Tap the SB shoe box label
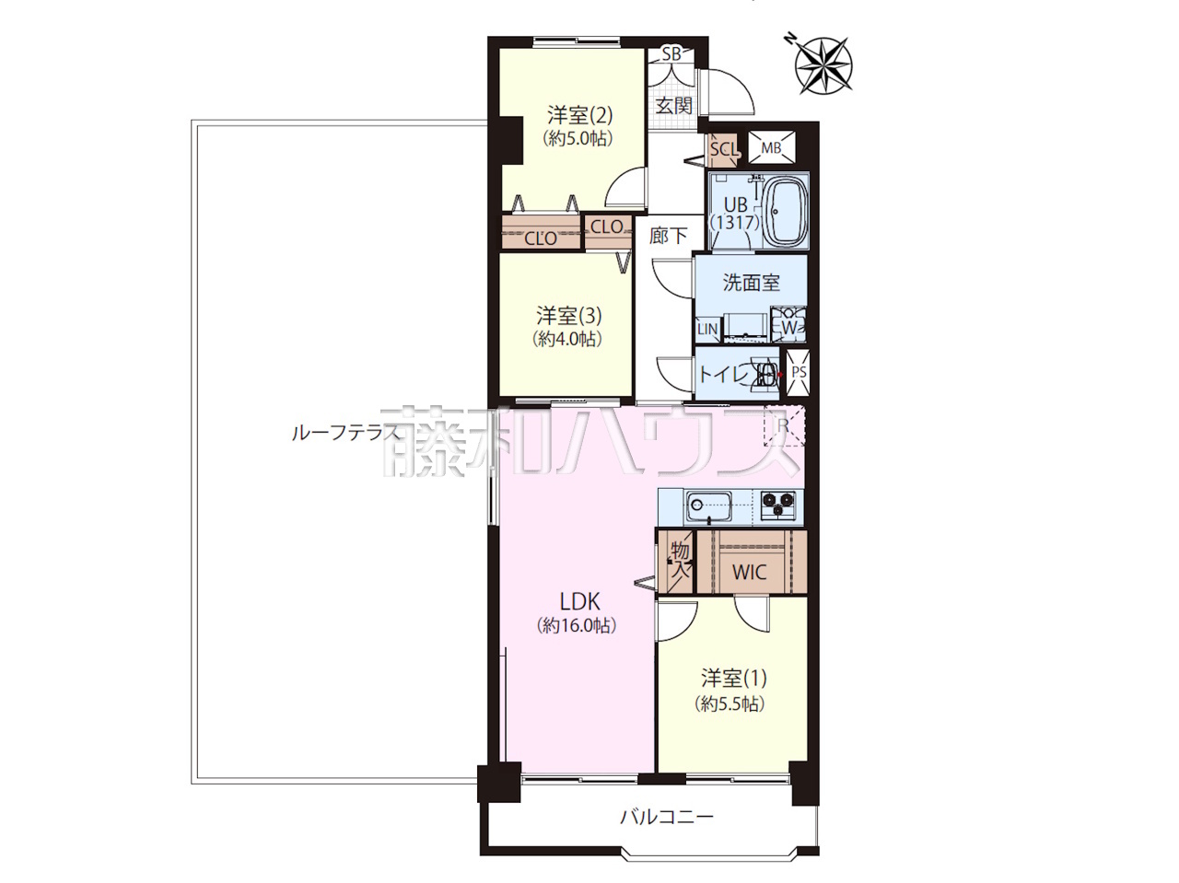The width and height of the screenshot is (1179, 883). click(671, 53)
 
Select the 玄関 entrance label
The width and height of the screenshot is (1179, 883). click(673, 106)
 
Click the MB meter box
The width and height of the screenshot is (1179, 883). click(772, 147)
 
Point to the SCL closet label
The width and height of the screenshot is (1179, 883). click(724, 149)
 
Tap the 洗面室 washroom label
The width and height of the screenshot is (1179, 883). click(751, 283)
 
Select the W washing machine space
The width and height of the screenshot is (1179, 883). click(788, 324)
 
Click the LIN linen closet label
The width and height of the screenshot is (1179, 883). click(707, 329)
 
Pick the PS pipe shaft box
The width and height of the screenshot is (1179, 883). click(799, 373)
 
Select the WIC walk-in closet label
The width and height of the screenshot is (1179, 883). click(749, 572)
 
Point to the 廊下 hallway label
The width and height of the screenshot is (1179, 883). click(668, 236)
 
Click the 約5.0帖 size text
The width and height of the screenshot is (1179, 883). click(578, 139)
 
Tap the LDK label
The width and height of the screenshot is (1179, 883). click(579, 602)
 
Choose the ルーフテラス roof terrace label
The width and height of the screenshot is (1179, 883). click(345, 433)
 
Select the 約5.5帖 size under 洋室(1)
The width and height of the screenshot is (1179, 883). click(730, 703)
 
